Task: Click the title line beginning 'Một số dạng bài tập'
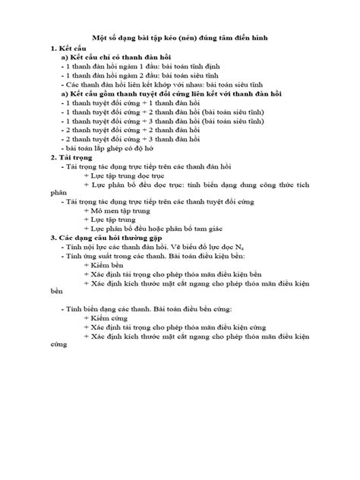click(180, 37)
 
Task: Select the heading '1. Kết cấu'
click(68, 49)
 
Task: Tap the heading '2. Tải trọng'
click(73, 157)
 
